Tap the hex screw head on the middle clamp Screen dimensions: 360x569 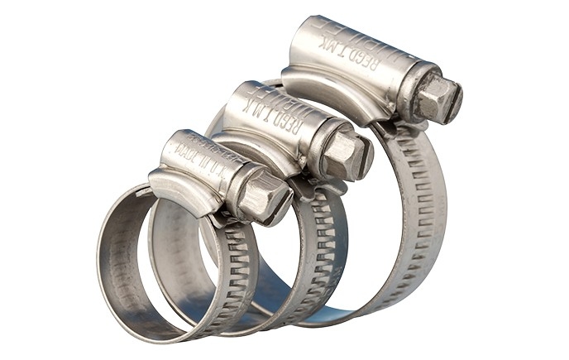click(347, 154)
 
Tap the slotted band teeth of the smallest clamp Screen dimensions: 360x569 click(240, 265)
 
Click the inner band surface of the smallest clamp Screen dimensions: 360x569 click(124, 257)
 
